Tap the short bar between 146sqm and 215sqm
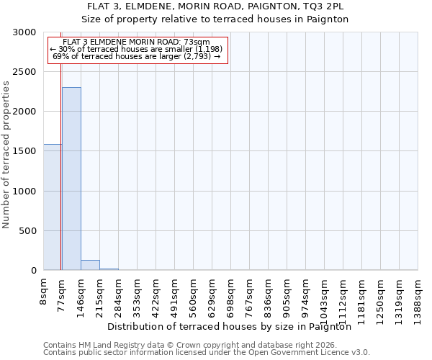[x=90, y=265]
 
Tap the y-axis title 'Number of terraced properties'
[x=6, y=155]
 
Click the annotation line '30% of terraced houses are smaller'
[x=137, y=49]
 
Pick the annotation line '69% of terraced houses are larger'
[x=137, y=56]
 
